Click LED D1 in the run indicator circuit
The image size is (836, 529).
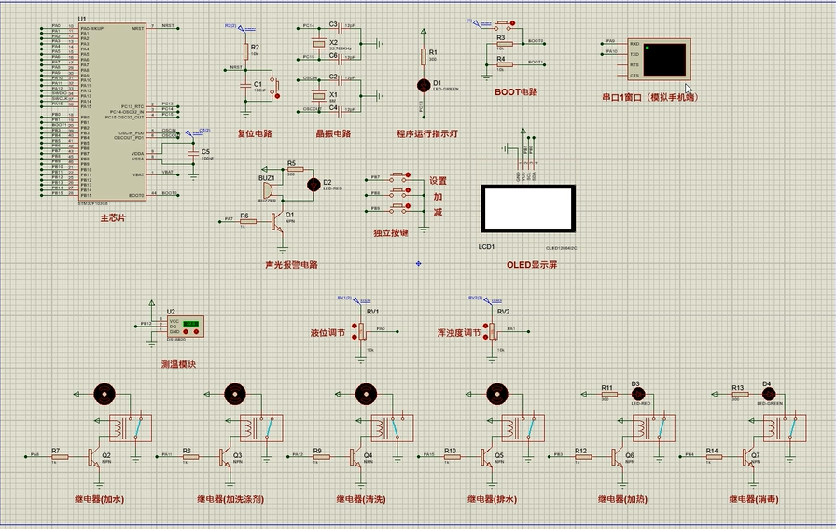pos(425,85)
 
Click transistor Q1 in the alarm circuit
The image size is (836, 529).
pos(277,220)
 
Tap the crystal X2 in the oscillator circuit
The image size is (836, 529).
pos(320,44)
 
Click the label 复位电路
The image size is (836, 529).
pos(254,133)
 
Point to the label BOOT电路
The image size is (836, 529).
pos(516,92)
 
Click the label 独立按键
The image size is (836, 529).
pos(391,232)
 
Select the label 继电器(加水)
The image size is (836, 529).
pos(99,499)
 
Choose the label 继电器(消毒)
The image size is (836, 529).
pos(753,499)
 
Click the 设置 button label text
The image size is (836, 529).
pos(439,181)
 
